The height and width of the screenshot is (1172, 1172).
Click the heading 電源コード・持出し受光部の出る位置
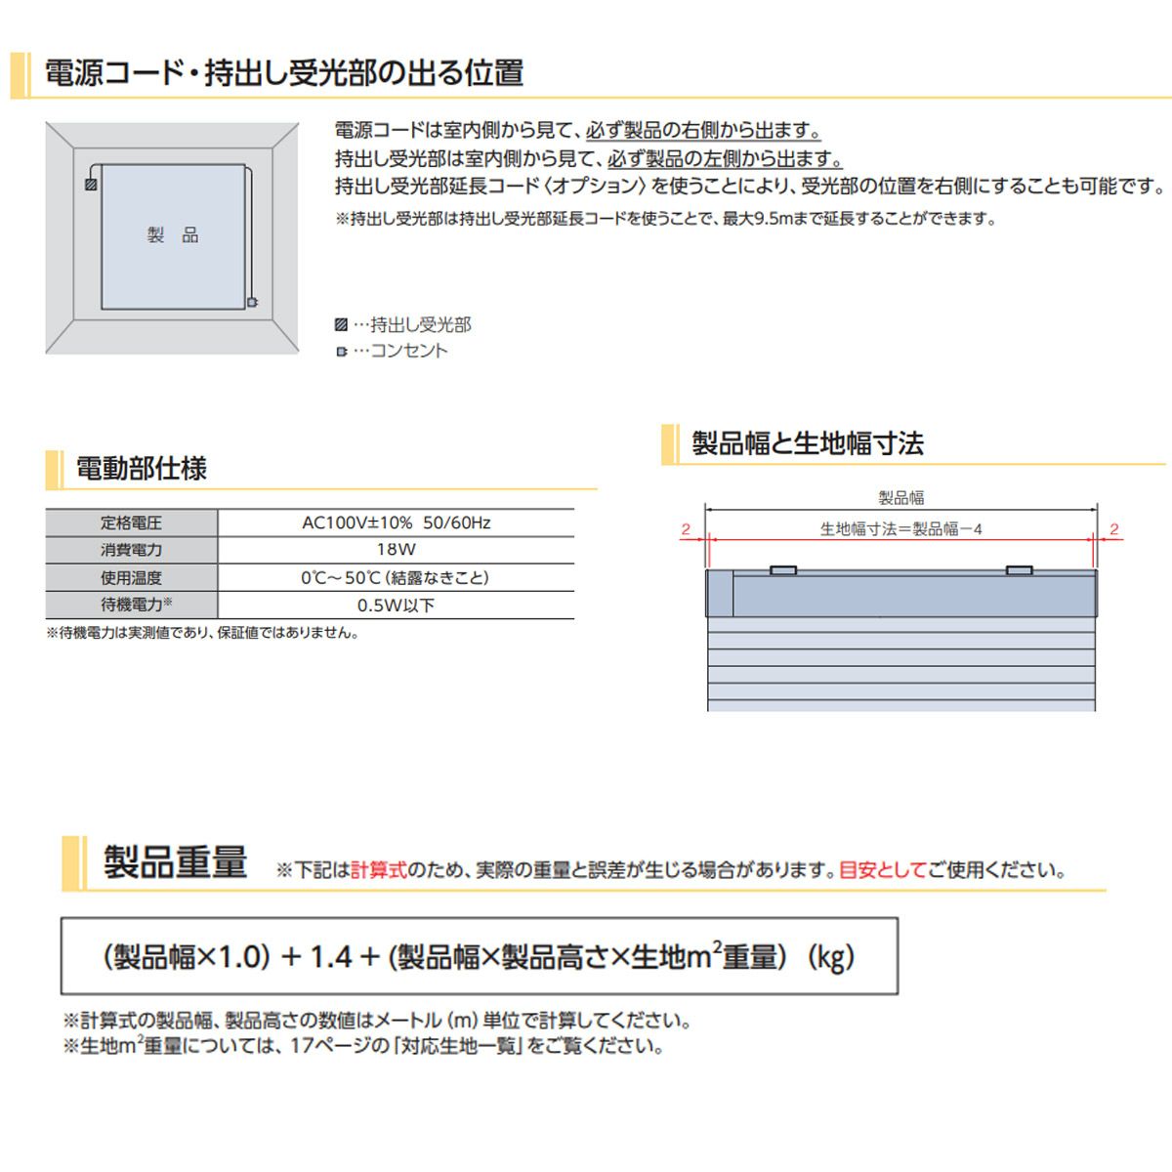284,73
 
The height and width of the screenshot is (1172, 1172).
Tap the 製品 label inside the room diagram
173,235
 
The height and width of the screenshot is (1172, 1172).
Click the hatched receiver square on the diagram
91,184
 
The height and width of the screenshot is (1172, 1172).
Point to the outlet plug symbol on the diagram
252,303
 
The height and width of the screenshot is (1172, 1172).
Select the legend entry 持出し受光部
411,325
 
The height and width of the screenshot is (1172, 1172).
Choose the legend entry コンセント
399,351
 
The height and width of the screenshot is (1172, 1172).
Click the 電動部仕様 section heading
142,469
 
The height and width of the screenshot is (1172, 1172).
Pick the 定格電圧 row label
131,523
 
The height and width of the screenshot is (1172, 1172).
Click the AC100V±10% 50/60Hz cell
396,523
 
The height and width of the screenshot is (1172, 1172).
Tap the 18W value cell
396,550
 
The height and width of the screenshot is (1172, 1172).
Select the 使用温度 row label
131,578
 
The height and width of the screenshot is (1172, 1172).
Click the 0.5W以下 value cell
396,606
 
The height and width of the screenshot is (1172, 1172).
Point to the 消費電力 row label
131,550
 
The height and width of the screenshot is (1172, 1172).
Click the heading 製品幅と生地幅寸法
807,443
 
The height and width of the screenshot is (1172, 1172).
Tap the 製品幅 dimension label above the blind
900,498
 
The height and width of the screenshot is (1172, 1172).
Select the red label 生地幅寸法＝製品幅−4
900,529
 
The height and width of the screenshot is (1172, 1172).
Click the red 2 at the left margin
686,529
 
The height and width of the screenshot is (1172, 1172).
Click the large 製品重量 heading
176,863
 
